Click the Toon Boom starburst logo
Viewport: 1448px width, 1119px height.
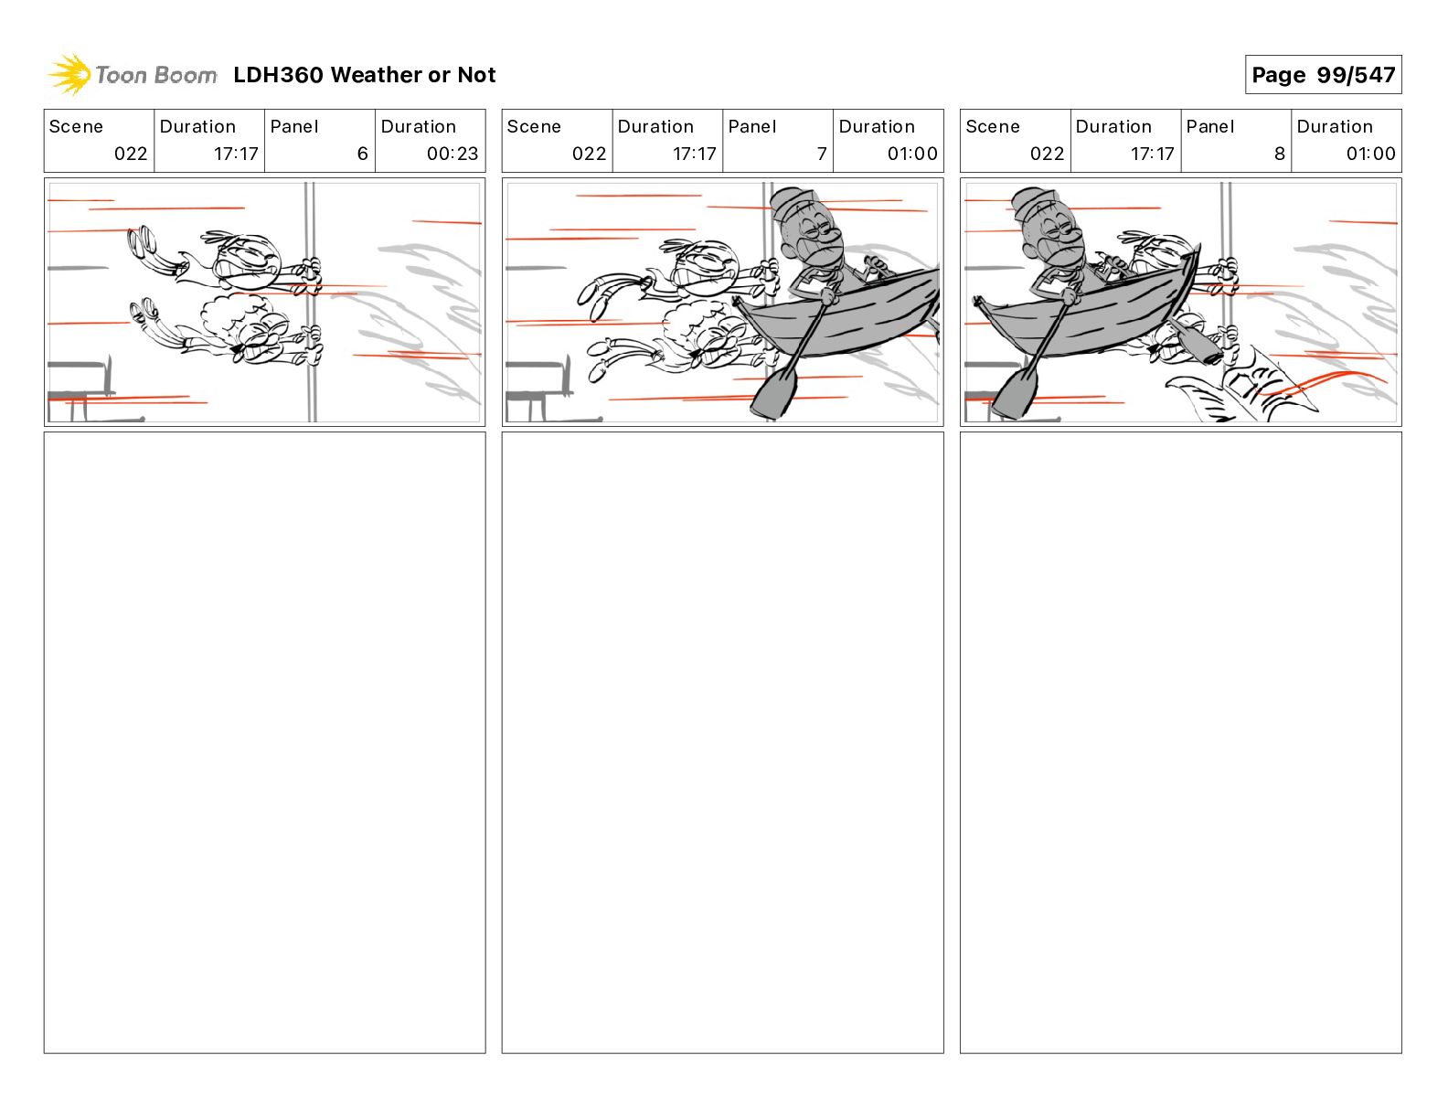click(x=69, y=75)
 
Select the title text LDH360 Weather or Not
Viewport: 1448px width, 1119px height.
click(x=365, y=75)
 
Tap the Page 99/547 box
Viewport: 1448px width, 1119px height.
click(x=1323, y=75)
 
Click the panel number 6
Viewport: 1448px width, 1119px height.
click(x=363, y=154)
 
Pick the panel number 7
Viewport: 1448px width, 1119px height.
click(x=822, y=154)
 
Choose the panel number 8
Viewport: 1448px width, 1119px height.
click(x=1280, y=154)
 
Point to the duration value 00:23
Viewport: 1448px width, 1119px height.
click(x=452, y=154)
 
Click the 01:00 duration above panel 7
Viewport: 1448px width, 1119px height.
click(x=912, y=154)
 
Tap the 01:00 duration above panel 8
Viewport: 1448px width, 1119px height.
click(x=1370, y=154)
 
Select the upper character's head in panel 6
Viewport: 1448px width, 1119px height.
click(x=245, y=261)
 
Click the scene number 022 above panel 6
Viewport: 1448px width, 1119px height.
click(x=131, y=154)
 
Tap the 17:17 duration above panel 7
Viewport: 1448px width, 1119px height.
click(x=695, y=154)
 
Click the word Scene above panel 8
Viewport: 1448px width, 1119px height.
click(x=992, y=127)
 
